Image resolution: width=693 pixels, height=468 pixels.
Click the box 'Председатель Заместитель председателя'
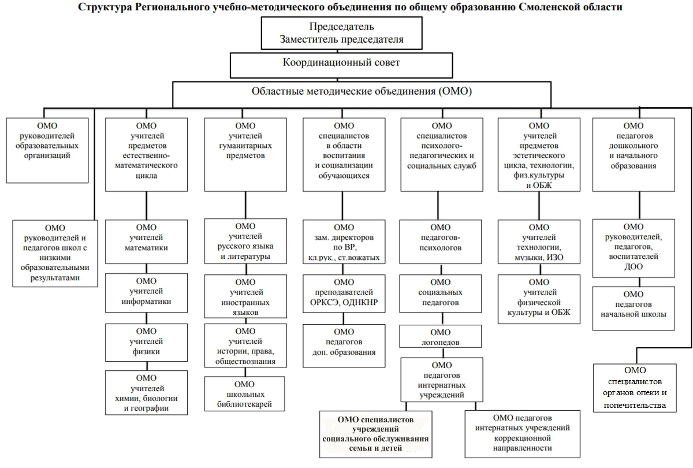tap(341, 33)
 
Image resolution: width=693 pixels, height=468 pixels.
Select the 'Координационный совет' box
tap(341, 65)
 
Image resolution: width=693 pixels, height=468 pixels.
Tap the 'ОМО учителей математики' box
tap(146, 242)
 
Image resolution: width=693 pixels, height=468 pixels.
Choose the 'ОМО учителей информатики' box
tap(146, 293)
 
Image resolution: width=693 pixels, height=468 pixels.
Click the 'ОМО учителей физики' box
tap(146, 343)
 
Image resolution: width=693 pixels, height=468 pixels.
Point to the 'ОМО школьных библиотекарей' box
tap(244, 393)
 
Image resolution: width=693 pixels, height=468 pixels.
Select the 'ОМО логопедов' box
tap(441, 336)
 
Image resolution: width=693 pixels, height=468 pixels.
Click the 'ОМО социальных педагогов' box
tap(441, 294)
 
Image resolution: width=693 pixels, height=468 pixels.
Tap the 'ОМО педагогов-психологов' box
tap(441, 242)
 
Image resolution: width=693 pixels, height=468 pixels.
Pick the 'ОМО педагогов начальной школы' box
tap(634, 309)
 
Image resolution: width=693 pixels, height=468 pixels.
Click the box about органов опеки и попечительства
tap(635, 388)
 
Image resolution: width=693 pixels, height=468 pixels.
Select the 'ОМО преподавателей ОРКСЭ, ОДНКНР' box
tap(344, 294)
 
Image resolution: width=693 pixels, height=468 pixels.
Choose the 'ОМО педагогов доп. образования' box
tap(344, 346)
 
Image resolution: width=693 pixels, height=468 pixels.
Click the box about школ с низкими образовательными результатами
tap(55, 254)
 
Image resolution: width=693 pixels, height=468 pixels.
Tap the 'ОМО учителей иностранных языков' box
tap(245, 296)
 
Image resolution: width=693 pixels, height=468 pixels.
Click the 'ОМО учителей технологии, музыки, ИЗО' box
tap(539, 242)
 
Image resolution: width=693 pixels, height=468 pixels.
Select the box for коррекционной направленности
tap(523, 434)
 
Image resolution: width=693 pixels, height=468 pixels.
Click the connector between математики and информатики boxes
tap(146, 268)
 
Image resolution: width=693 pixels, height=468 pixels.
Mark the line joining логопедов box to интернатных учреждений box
tap(443, 352)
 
